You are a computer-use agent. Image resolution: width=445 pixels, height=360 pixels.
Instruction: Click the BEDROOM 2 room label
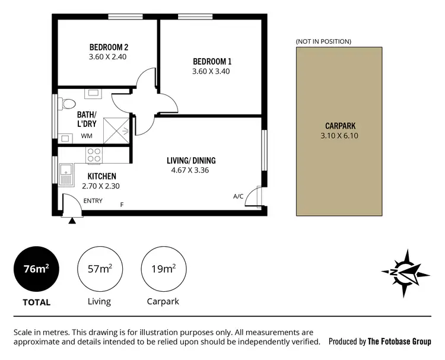[109, 47]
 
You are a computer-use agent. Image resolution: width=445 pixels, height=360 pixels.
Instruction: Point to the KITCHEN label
[101, 176]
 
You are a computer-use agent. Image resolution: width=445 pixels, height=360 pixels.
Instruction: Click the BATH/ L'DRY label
[88, 119]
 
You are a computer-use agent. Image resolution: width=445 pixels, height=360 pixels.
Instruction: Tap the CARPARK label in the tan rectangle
[341, 126]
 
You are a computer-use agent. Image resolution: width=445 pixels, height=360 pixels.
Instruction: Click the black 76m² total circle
[36, 269]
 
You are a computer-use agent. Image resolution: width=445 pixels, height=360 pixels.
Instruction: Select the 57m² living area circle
[99, 269]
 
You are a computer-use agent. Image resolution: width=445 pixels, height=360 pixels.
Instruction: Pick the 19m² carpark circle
[162, 269]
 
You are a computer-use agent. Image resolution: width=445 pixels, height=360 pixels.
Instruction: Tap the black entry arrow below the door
[72, 221]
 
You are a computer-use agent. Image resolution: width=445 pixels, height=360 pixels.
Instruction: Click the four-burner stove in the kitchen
[94, 155]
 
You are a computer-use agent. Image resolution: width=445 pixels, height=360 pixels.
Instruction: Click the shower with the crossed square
[116, 130]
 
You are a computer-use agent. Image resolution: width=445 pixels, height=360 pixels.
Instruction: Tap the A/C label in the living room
[239, 196]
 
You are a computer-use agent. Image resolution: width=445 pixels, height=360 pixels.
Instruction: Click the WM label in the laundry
[87, 136]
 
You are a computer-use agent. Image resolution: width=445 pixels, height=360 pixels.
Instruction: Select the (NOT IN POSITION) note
[323, 42]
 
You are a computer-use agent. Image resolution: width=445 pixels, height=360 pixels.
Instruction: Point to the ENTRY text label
[93, 200]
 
